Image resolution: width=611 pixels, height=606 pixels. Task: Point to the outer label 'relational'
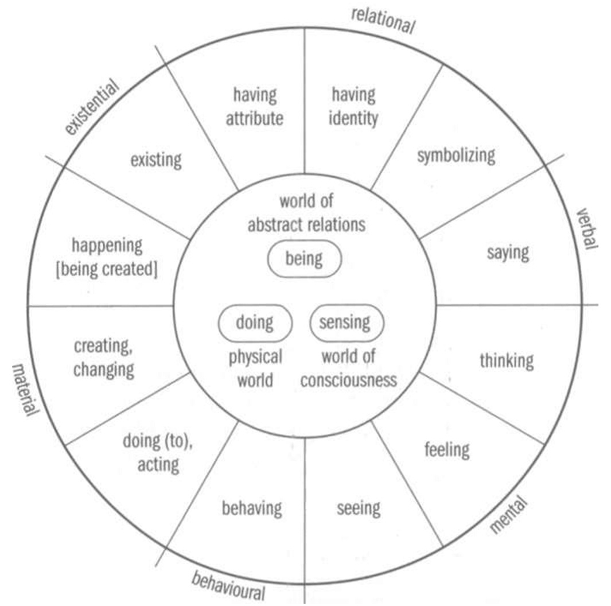pyautogui.click(x=383, y=21)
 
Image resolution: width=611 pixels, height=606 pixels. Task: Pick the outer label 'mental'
pyautogui.click(x=508, y=514)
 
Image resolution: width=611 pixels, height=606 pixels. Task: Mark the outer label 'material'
pyautogui.click(x=25, y=390)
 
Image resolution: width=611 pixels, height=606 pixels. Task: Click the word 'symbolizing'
pyautogui.click(x=456, y=156)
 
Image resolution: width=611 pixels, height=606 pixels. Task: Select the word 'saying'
pyautogui.click(x=508, y=253)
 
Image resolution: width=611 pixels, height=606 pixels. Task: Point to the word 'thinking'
pyautogui.click(x=507, y=360)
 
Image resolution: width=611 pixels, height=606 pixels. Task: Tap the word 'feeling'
pyautogui.click(x=447, y=450)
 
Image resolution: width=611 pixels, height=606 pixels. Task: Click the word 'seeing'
pyautogui.click(x=359, y=508)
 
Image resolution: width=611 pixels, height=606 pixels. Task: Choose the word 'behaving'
pyautogui.click(x=252, y=508)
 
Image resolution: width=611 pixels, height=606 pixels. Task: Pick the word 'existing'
pyautogui.click(x=156, y=160)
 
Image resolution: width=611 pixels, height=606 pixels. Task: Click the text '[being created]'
pyautogui.click(x=107, y=269)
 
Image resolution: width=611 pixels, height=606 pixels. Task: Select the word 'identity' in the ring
pyautogui.click(x=353, y=118)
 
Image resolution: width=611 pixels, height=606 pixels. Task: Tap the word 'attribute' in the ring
pyautogui.click(x=255, y=118)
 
